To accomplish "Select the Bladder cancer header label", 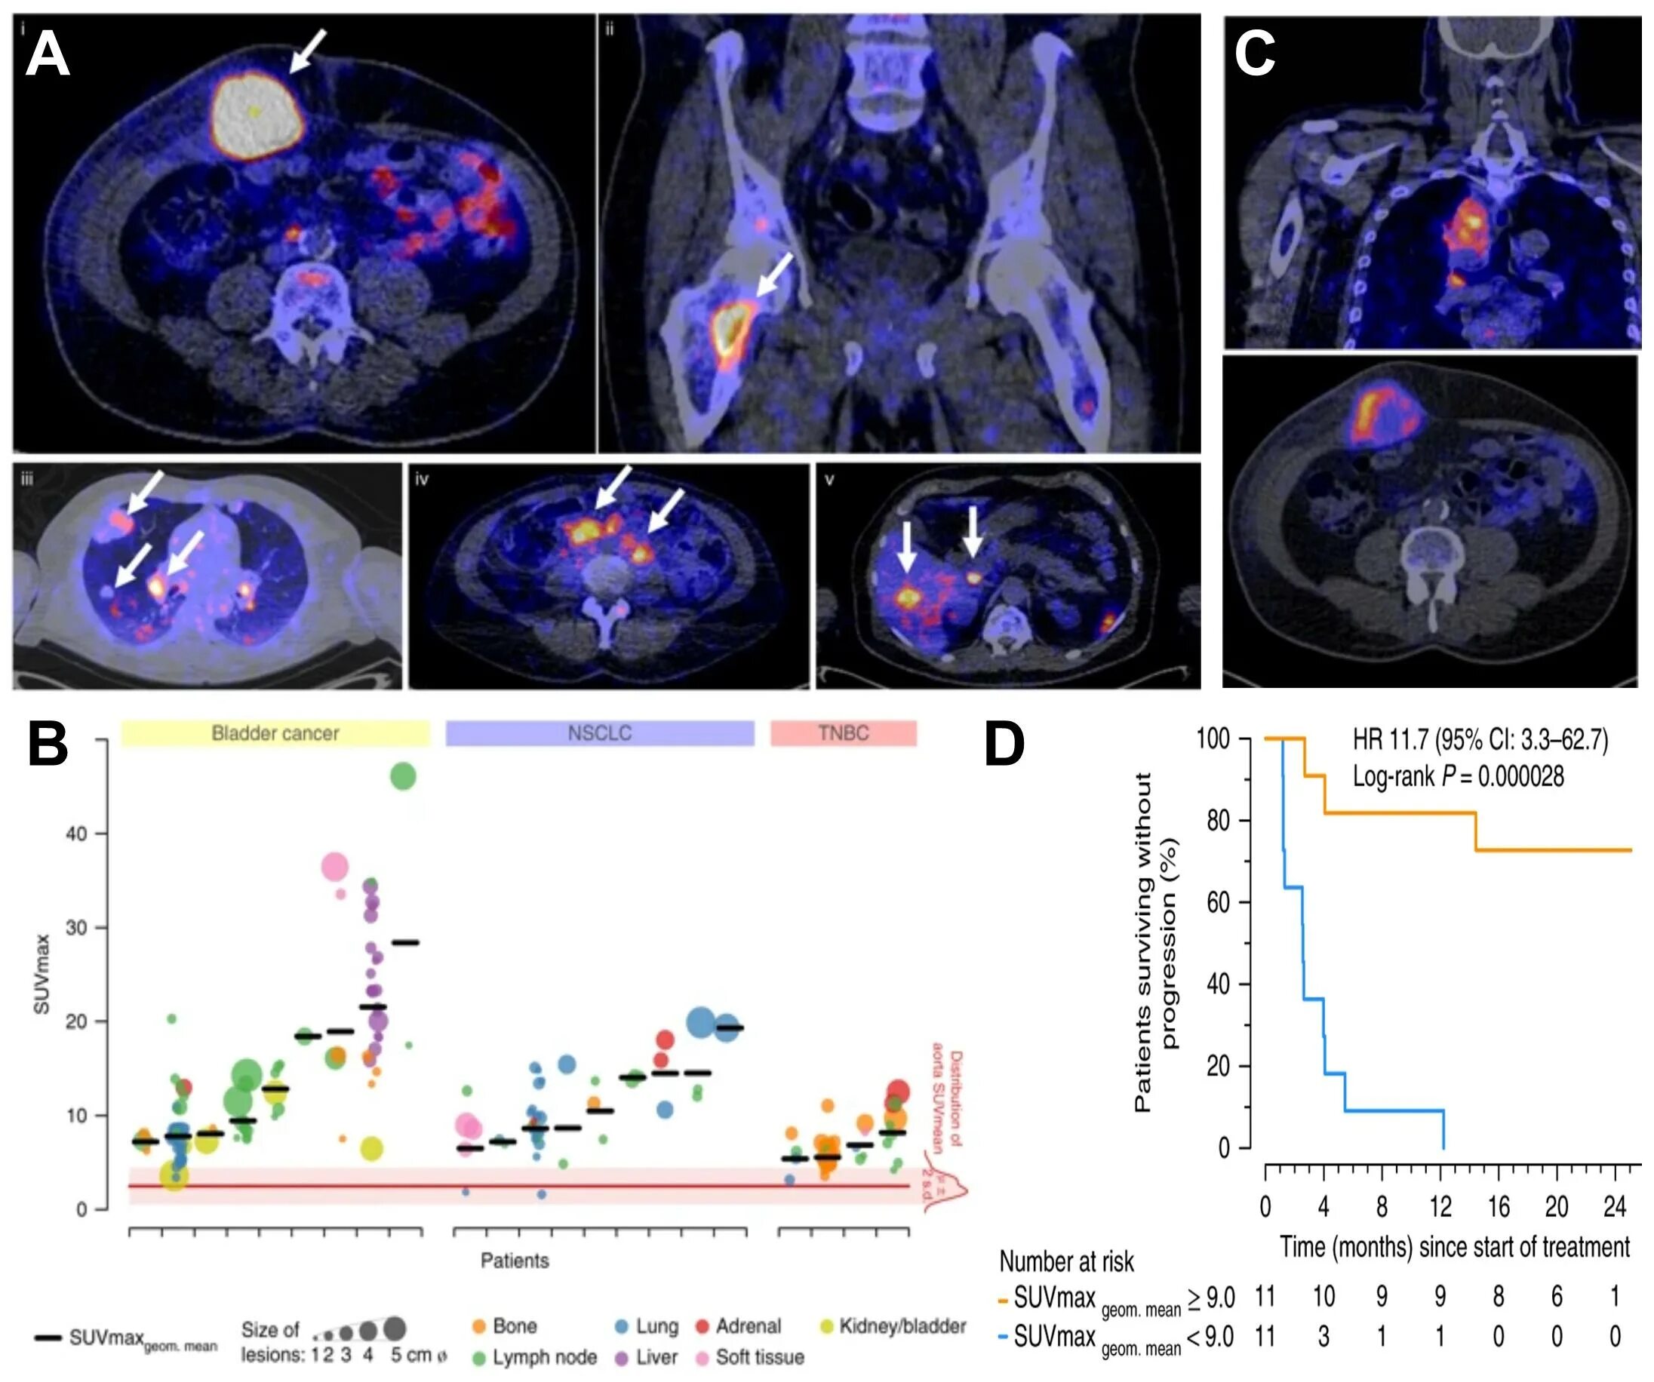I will (275, 733).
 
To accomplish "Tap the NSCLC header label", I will (599, 733).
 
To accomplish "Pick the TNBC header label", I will (843, 733).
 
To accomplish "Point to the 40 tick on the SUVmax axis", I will (77, 833).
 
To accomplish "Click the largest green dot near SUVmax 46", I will (402, 776).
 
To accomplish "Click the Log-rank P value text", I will (1458, 776).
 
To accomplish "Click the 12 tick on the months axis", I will (1440, 1207).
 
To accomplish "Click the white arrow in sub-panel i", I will (307, 51).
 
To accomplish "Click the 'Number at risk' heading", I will (1066, 1261).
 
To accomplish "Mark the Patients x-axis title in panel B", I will (515, 1261).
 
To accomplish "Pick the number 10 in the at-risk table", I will (1324, 1296).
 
